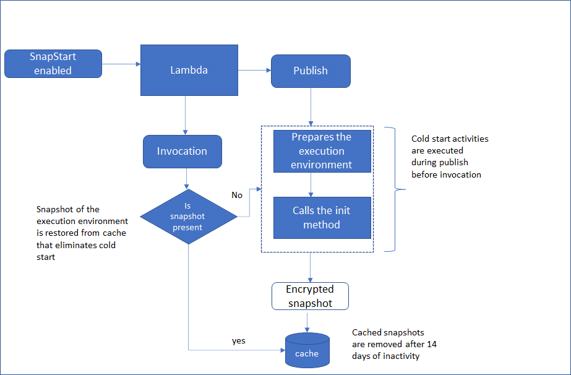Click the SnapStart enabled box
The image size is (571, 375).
[53, 64]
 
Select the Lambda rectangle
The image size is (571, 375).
[189, 70]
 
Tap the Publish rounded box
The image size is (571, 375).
[311, 71]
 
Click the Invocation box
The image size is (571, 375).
[182, 152]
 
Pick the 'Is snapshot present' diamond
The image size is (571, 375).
[188, 217]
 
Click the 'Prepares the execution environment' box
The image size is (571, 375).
[322, 151]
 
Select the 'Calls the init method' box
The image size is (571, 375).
[322, 217]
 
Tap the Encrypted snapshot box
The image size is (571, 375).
[310, 296]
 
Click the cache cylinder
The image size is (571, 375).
[307, 350]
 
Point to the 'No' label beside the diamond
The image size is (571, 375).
[237, 195]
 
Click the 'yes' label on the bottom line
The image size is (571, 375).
[239, 341]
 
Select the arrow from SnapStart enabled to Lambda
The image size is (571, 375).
[121, 64]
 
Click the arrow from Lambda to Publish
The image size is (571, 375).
[254, 71]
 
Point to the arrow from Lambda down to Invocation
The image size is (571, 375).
[185, 116]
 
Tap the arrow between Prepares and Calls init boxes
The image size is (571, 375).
[311, 184]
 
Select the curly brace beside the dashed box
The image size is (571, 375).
[395, 189]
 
